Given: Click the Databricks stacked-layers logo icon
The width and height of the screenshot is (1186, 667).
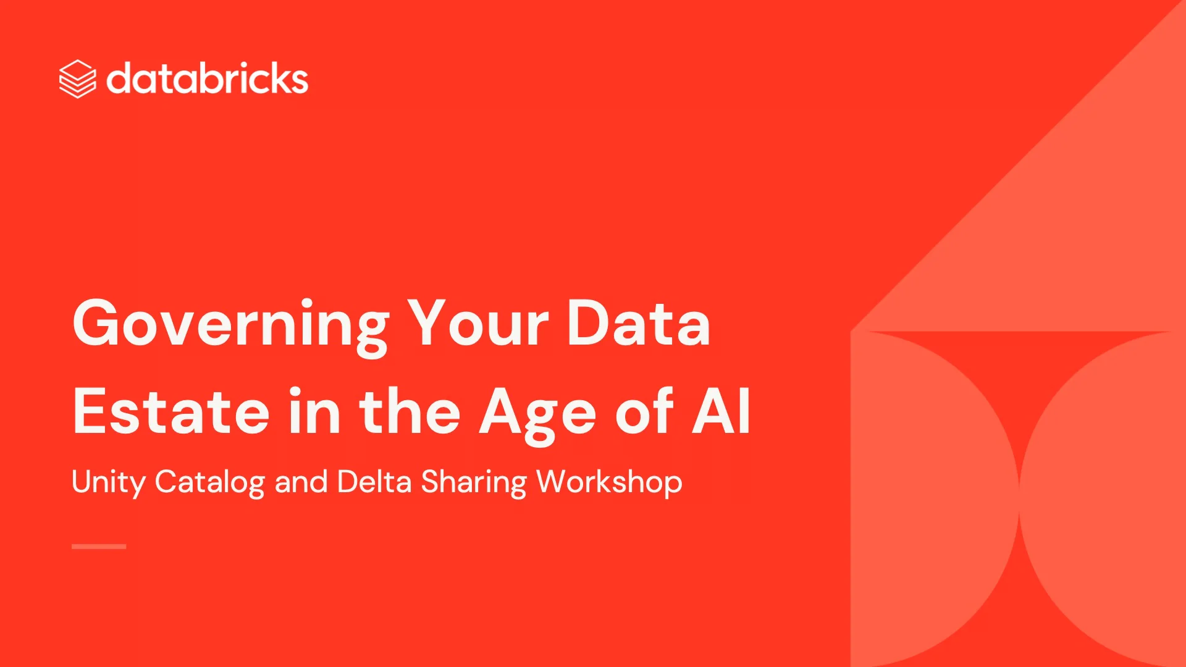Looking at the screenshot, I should (77, 79).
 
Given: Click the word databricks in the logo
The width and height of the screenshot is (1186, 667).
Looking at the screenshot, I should (207, 78).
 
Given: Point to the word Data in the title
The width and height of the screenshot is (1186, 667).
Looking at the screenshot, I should (639, 322).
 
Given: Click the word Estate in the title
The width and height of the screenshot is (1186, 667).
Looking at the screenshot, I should (171, 411).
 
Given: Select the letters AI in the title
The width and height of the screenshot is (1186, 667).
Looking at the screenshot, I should (721, 411).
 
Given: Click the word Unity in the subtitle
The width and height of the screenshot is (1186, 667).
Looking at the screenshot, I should (108, 482).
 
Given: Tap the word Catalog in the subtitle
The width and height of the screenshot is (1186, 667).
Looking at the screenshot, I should (209, 482).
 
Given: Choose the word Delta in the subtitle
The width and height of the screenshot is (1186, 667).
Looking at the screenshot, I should (374, 481).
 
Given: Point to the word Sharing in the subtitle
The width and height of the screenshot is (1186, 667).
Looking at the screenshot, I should (474, 482).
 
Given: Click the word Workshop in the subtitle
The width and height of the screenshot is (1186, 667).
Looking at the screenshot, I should (609, 482).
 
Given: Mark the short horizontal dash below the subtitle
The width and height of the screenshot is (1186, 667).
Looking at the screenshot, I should (99, 547).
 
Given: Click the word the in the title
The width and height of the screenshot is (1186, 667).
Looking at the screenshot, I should (410, 411).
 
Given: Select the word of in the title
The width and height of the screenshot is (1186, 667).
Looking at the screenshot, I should (643, 411).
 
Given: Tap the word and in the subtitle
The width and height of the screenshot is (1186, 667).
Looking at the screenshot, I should (301, 481).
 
